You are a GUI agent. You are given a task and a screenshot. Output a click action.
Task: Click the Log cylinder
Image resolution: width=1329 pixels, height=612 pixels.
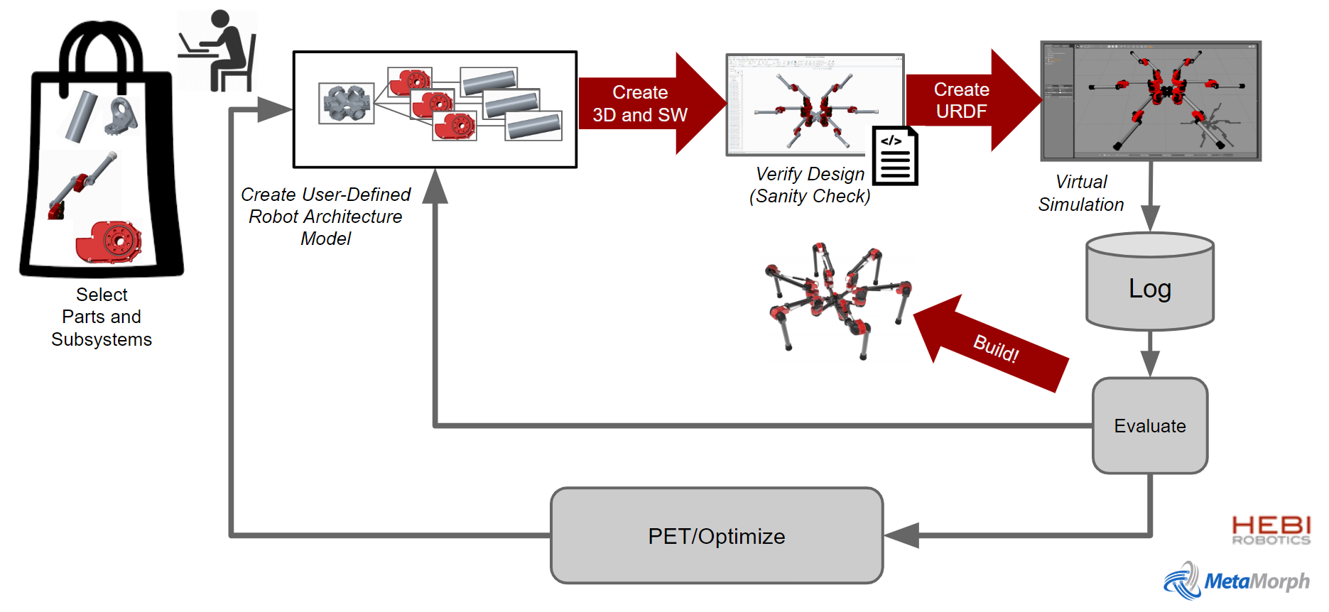1149,284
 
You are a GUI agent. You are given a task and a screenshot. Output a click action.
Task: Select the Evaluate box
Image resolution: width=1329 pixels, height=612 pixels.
1149,425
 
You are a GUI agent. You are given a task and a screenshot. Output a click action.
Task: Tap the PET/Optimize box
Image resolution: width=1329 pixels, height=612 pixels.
716,535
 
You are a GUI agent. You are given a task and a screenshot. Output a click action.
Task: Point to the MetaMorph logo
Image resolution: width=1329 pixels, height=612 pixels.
1236,581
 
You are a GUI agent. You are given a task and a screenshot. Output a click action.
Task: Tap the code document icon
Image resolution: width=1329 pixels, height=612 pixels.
894,156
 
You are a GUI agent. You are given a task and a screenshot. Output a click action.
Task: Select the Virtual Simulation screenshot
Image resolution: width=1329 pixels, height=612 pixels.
1150,100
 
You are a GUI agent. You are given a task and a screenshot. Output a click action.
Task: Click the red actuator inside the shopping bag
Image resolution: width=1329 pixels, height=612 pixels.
109,242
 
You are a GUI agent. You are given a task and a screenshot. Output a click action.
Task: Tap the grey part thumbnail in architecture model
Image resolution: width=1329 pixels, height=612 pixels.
347,104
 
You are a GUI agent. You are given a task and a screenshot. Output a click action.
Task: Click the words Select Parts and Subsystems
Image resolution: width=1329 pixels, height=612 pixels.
102,317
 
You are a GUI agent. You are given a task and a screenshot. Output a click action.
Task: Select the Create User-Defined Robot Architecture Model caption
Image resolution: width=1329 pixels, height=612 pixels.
325,216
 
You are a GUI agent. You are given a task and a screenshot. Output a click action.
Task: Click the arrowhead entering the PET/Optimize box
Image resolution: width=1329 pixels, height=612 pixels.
901,535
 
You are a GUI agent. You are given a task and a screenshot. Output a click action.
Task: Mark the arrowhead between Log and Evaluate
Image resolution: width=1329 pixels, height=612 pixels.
1149,364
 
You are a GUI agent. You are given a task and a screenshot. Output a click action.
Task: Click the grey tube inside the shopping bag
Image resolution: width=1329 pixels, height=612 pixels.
81,115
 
